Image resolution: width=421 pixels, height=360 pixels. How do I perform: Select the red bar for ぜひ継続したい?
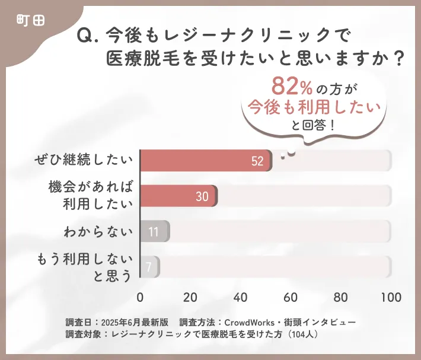pyautogui.click(x=205, y=161)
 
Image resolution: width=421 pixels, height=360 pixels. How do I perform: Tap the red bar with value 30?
pyautogui.click(x=178, y=196)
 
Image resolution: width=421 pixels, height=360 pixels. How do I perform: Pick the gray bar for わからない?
pyautogui.click(x=154, y=231)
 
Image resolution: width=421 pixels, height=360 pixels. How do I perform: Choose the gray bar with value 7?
pyautogui.click(x=149, y=267)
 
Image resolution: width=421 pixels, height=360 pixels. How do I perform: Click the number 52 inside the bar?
pyautogui.click(x=257, y=161)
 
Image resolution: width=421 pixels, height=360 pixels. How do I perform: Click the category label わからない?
pyautogui.click(x=98, y=231)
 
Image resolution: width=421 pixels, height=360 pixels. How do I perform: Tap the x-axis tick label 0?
pyautogui.click(x=140, y=297)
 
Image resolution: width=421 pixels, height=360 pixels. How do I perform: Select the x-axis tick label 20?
pyautogui.click(x=190, y=297)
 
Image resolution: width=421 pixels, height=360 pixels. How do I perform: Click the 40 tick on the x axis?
pyautogui.click(x=241, y=297)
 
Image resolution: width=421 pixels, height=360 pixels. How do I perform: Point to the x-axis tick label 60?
pyautogui.click(x=291, y=297)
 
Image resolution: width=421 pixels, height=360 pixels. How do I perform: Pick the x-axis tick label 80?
pyautogui.click(x=341, y=297)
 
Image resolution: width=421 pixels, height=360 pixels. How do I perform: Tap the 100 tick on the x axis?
pyautogui.click(x=390, y=297)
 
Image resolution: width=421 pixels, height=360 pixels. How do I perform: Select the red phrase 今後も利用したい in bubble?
pyautogui.click(x=314, y=107)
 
